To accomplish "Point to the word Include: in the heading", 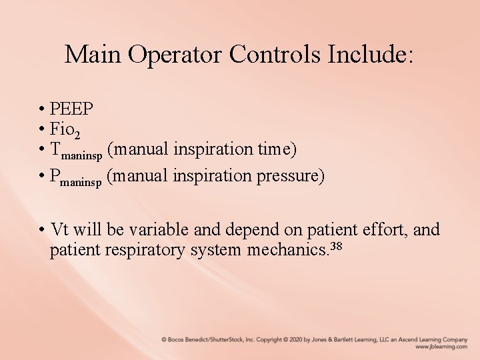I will (x=371, y=54).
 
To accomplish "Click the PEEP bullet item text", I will (x=72, y=109).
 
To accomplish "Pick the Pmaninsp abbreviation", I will (x=76, y=177).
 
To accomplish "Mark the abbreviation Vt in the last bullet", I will (x=59, y=230).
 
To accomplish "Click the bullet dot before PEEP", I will (x=41, y=109).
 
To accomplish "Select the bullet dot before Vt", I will (x=41, y=231).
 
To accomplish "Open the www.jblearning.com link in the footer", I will (x=441, y=347).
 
